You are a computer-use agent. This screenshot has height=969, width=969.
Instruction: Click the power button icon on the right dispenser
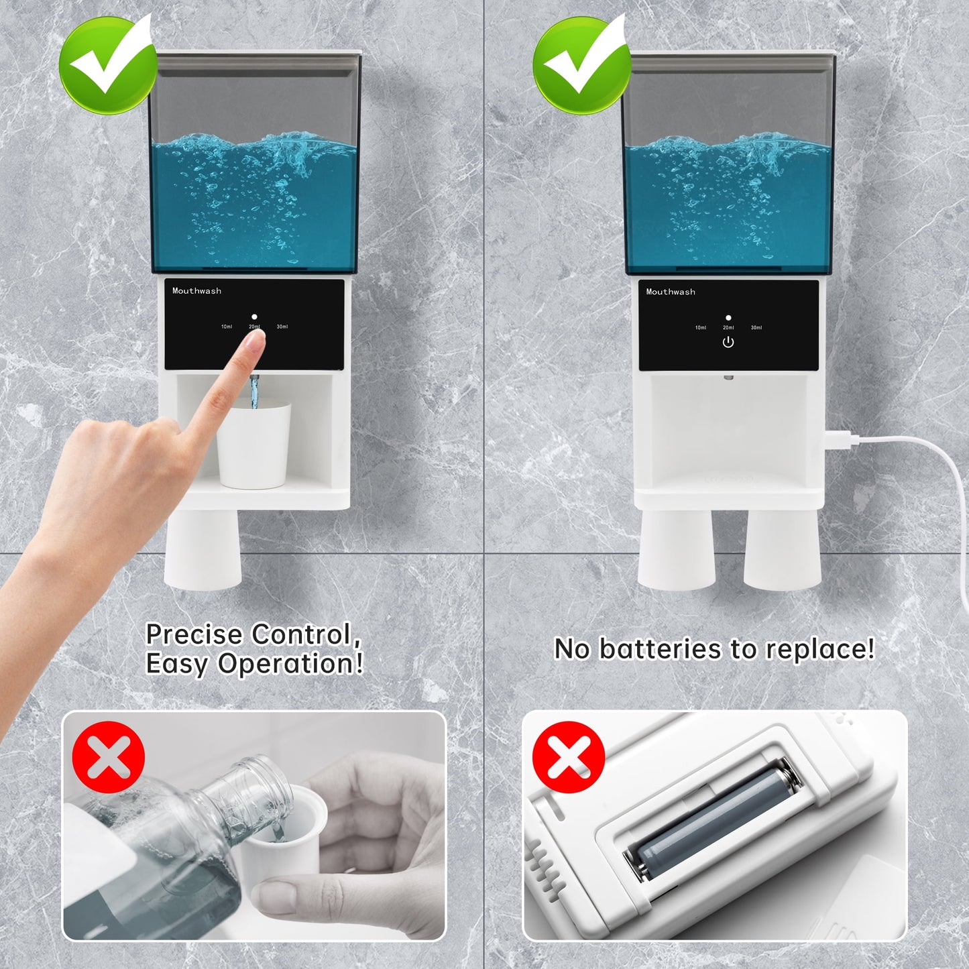(728, 343)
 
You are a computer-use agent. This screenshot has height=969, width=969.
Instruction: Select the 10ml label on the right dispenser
(700, 328)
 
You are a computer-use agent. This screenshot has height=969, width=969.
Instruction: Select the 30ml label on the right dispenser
(756, 328)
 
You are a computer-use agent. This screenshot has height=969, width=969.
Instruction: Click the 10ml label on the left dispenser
(227, 327)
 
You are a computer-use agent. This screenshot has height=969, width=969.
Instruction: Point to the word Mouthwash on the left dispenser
(196, 290)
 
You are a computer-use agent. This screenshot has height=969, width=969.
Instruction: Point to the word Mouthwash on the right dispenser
(671, 292)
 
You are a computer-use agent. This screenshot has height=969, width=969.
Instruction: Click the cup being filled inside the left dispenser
(253, 445)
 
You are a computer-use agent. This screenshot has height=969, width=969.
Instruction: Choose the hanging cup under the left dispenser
(203, 547)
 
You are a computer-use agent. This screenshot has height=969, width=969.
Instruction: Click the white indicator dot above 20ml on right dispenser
(728, 318)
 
